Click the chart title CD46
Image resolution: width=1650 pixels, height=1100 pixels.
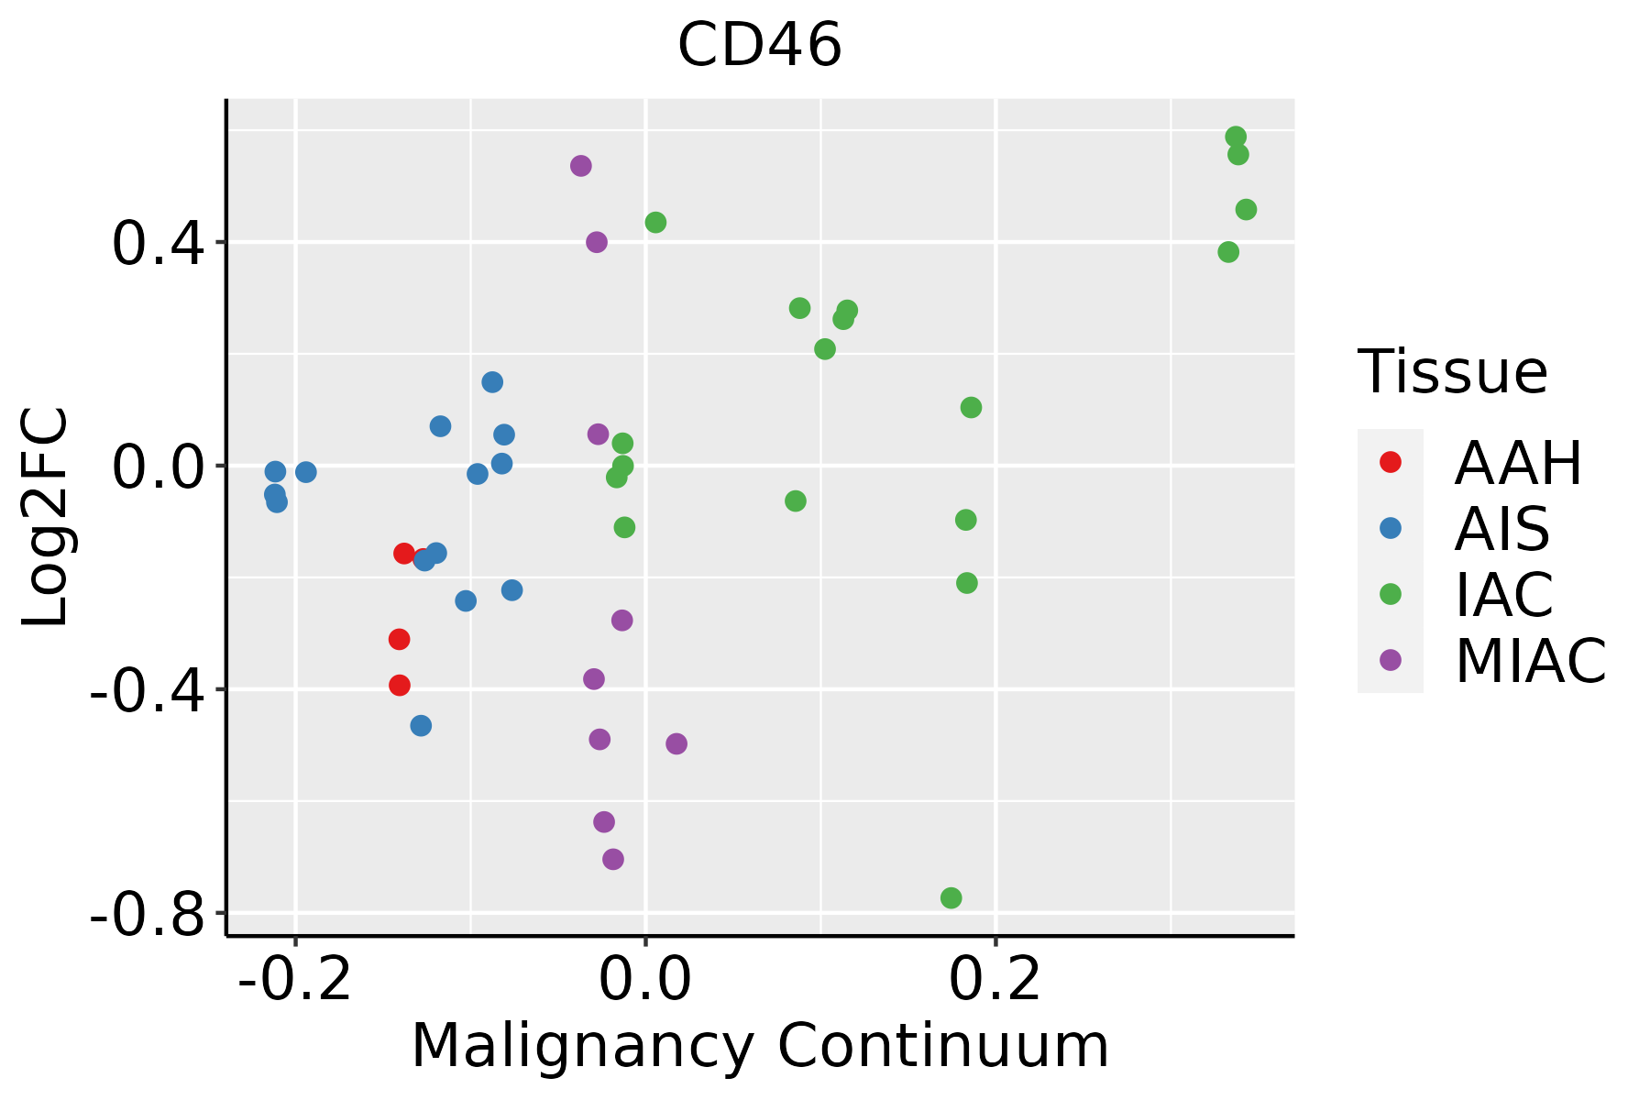(x=759, y=46)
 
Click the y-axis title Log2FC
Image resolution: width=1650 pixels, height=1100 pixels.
(x=46, y=518)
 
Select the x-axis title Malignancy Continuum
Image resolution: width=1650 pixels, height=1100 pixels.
(x=760, y=1046)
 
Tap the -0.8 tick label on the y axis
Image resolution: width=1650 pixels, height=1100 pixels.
(x=147, y=914)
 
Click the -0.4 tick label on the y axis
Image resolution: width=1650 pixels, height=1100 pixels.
(x=147, y=690)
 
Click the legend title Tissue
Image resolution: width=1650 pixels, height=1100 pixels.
(x=1452, y=372)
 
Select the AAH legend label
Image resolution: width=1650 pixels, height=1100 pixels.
(x=1518, y=463)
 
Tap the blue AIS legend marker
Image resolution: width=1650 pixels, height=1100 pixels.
(x=1390, y=528)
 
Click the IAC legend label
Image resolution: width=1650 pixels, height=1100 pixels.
(x=1503, y=595)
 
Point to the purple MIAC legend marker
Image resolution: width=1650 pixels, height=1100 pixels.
(x=1390, y=660)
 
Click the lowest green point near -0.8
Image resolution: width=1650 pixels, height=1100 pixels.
(x=951, y=897)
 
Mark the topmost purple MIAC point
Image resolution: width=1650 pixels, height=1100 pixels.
(x=580, y=166)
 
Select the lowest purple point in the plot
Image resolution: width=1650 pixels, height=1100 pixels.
(x=613, y=859)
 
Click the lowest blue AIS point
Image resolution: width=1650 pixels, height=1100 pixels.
(x=421, y=725)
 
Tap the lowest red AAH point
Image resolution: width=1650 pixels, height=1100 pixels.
(x=399, y=685)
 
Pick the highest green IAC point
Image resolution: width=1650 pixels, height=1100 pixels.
(x=1236, y=137)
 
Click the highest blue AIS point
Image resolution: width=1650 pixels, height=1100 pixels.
(x=492, y=382)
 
